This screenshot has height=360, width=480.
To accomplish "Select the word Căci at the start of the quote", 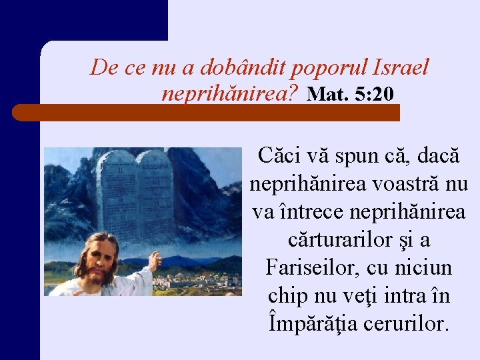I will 279,157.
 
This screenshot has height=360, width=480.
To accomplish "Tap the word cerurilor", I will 407,324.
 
